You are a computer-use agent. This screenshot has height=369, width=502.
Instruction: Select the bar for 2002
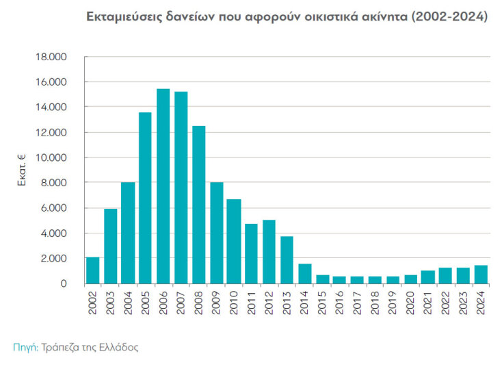[93, 270]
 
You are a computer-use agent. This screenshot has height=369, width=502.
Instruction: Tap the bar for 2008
[199, 205]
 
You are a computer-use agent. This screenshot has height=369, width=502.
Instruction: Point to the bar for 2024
[481, 275]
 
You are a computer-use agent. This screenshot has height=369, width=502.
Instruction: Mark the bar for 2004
[128, 233]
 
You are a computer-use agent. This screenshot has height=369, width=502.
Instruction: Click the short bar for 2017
[358, 280]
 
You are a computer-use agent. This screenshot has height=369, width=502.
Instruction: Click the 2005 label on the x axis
[146, 303]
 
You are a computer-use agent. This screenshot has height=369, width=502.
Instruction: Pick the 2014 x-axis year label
[304, 303]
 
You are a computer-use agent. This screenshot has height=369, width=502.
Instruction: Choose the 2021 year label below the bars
[428, 303]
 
